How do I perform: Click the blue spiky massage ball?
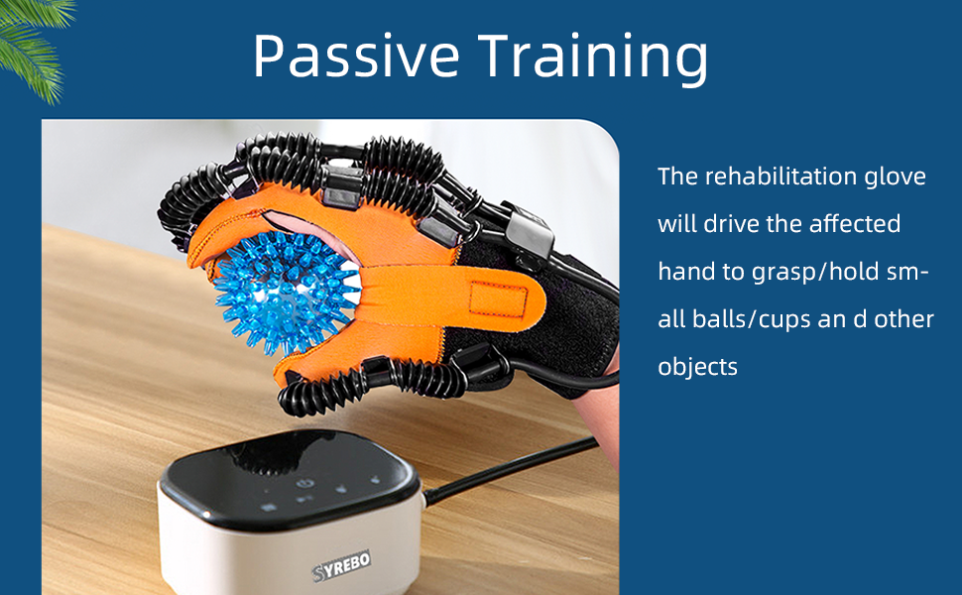[x=286, y=281]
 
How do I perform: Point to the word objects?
[x=697, y=367]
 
